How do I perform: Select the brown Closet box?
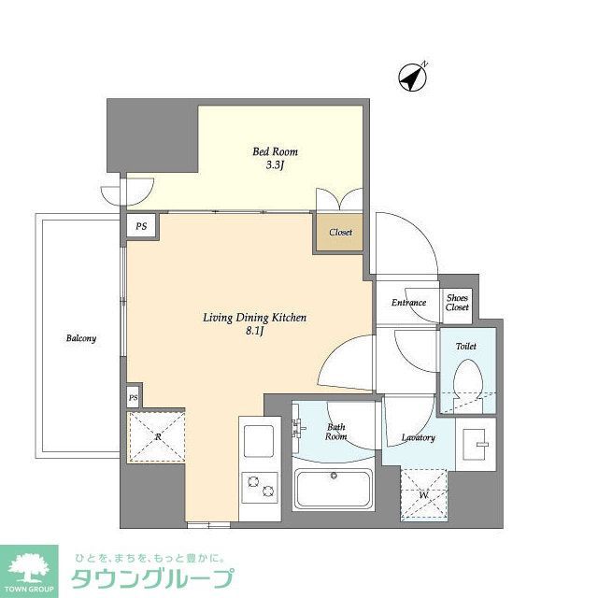339,232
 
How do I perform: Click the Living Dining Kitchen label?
255,318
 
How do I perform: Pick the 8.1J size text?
255,332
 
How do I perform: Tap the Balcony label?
80,338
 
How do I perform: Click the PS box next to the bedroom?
141,226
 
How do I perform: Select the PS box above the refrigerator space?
135,397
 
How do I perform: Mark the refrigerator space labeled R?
156,435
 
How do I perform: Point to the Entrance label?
408,303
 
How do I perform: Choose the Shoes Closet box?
457,302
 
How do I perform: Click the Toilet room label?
465,347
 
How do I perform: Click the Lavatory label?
417,437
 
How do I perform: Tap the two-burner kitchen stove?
258,487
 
